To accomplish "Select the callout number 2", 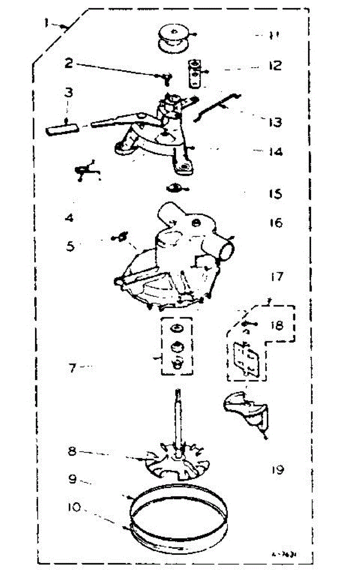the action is pyautogui.click(x=69, y=63).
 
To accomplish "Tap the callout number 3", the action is pyautogui.click(x=69, y=92).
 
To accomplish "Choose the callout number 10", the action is pyautogui.click(x=74, y=507).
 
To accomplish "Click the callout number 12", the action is pyautogui.click(x=275, y=65).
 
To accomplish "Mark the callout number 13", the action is pyautogui.click(x=275, y=122).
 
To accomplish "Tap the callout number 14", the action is pyautogui.click(x=275, y=152).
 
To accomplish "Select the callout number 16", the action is pyautogui.click(x=276, y=223).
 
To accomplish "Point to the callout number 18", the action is pyautogui.click(x=276, y=325).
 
